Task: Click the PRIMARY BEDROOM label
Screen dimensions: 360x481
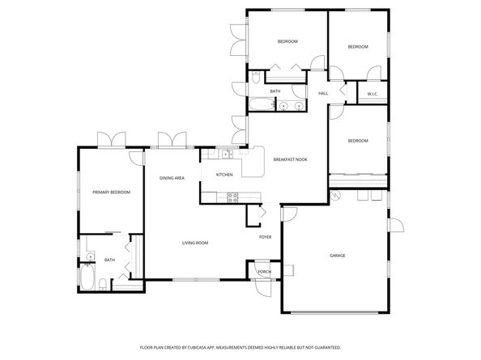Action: pyautogui.click(x=106, y=192)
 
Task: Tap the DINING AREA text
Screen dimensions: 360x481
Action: pyautogui.click(x=172, y=178)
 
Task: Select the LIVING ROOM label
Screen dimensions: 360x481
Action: pyautogui.click(x=195, y=243)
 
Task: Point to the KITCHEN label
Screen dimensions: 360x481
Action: pyautogui.click(x=224, y=175)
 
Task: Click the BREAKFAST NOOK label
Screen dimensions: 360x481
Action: pyautogui.click(x=290, y=159)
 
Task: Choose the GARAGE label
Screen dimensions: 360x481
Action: pyautogui.click(x=338, y=256)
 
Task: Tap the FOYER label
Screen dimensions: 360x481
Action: pyautogui.click(x=265, y=237)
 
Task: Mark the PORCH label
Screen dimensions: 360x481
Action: pyautogui.click(x=264, y=272)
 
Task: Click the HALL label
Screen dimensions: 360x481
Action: pyautogui.click(x=322, y=94)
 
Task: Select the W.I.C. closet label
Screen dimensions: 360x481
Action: pyautogui.click(x=372, y=95)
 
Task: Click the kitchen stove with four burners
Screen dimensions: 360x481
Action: pyautogui.click(x=232, y=195)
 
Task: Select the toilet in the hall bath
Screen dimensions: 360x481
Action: pyautogui.click(x=256, y=78)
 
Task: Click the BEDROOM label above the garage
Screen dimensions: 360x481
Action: pyautogui.click(x=357, y=141)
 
